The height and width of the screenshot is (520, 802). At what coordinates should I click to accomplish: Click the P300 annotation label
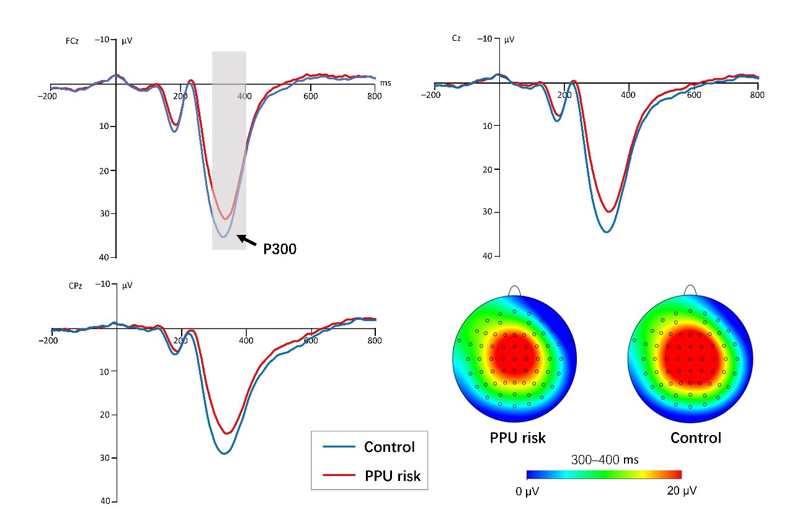click(280, 249)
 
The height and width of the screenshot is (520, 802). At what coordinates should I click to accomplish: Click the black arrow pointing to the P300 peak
click(247, 240)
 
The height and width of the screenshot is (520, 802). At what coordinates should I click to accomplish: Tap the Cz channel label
click(456, 38)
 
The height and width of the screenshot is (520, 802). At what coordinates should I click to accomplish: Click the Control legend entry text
click(389, 447)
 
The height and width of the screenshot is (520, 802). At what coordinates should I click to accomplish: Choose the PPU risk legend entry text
click(392, 476)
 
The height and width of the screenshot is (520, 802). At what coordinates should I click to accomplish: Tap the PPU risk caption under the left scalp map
click(518, 438)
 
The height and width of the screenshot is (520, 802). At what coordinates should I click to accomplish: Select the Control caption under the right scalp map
click(695, 438)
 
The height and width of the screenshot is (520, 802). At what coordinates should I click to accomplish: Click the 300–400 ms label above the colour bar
click(605, 460)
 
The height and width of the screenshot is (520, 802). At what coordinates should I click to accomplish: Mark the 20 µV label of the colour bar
click(681, 491)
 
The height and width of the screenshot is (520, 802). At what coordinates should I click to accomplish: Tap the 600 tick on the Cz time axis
click(693, 95)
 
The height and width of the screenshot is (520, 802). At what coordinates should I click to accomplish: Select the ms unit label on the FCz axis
click(385, 82)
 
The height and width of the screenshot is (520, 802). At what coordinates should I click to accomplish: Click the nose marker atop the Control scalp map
click(689, 290)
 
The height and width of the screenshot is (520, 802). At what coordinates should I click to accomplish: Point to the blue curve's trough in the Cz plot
click(606, 232)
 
